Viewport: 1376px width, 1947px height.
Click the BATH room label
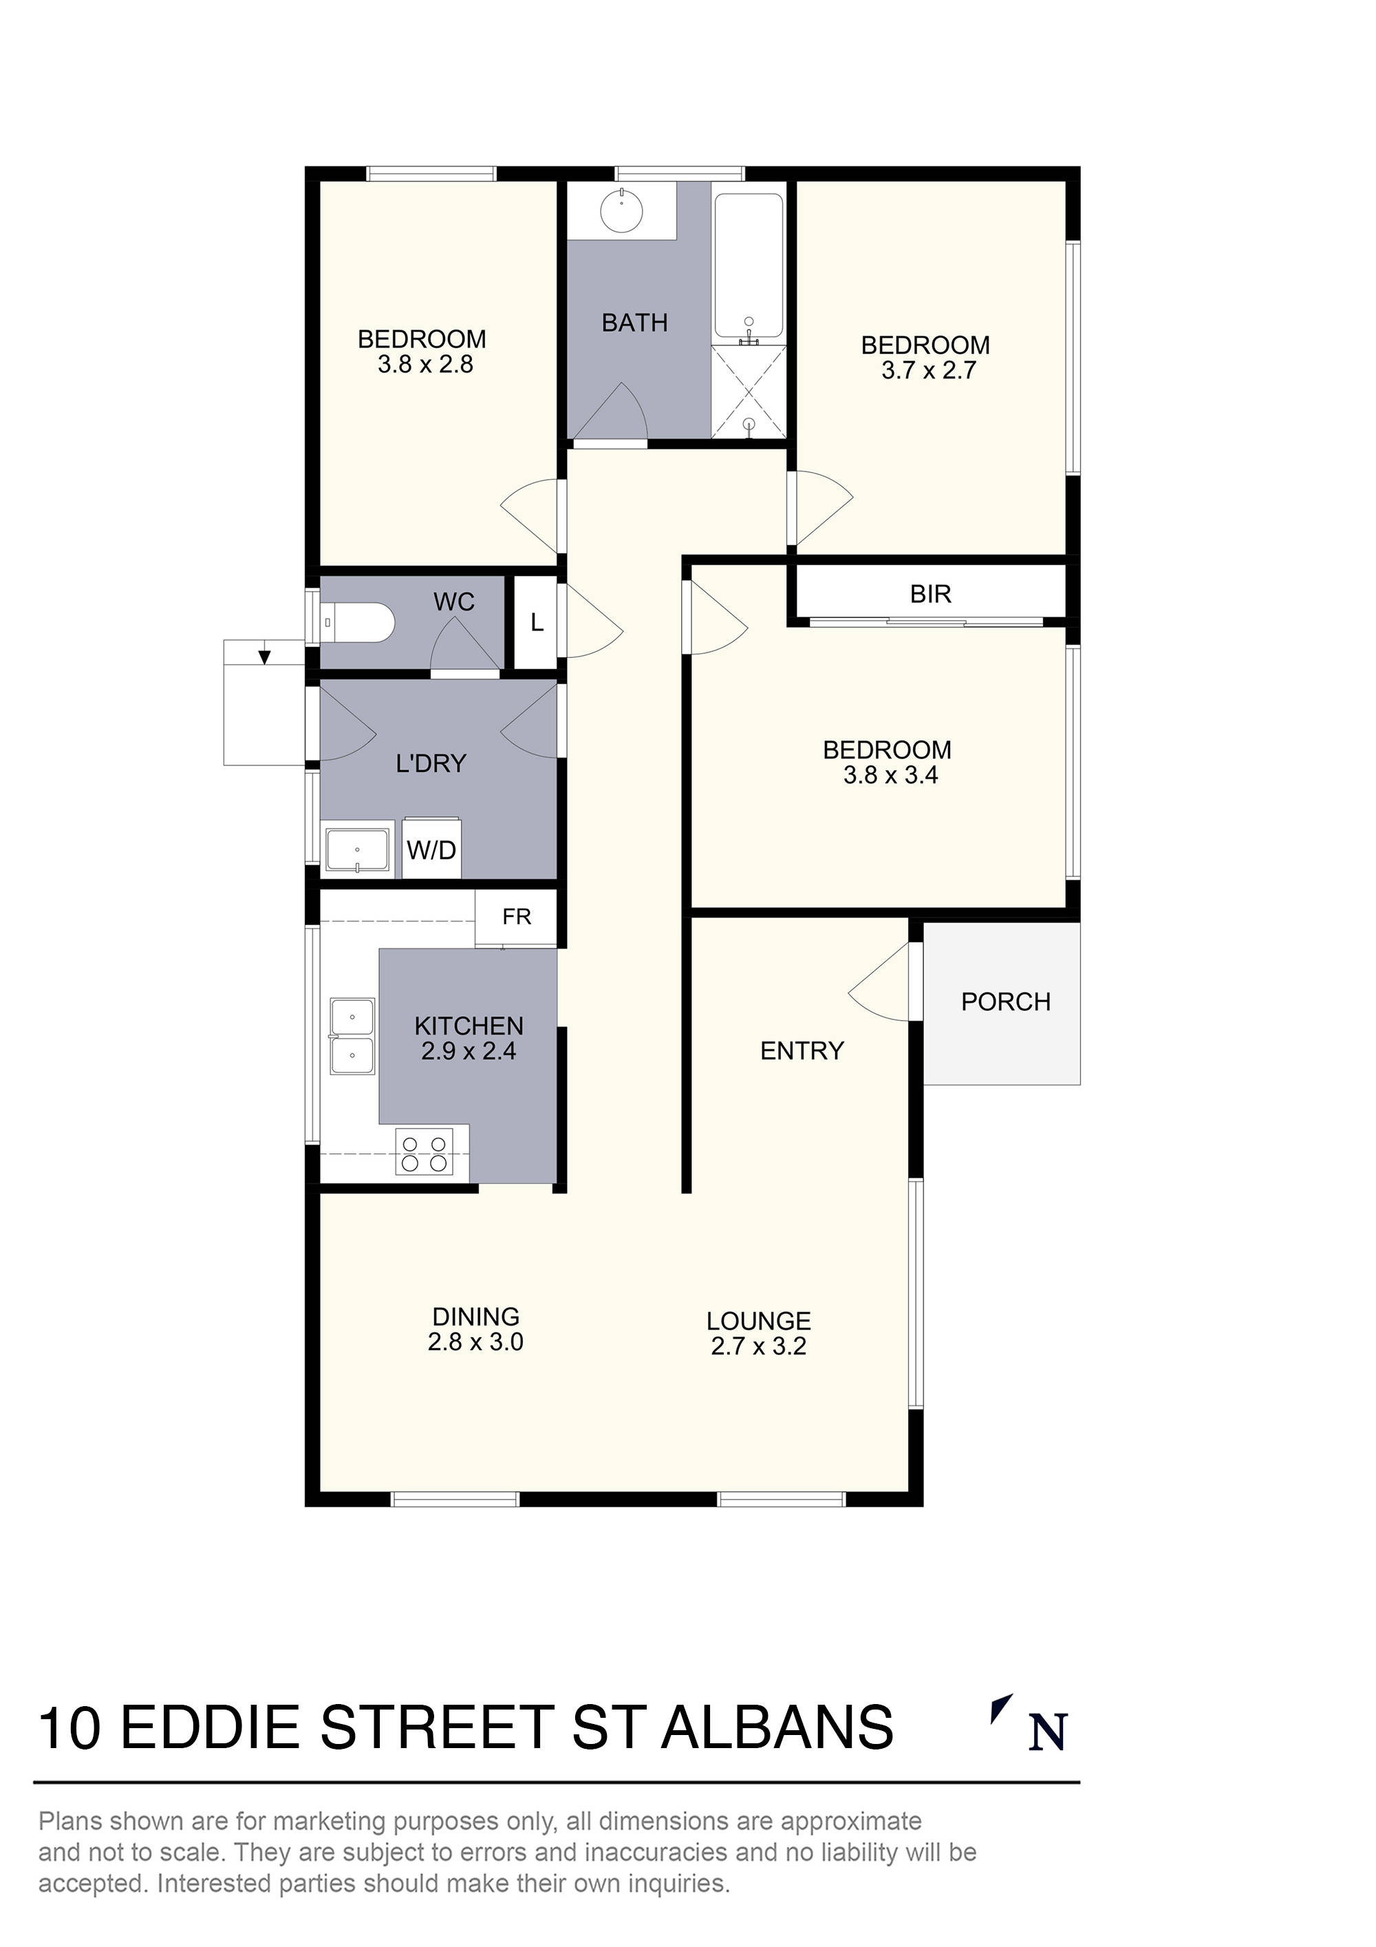click(x=634, y=322)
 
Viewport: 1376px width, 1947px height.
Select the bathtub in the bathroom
click(x=748, y=266)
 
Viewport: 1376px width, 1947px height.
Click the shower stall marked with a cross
click(x=748, y=392)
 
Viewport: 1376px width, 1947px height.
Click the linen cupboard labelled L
click(x=536, y=624)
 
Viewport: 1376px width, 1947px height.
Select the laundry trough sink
click(x=358, y=849)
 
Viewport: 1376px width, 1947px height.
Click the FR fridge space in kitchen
click(x=516, y=917)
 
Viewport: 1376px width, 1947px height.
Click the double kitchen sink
click(x=352, y=1036)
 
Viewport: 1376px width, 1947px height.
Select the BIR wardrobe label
click(x=930, y=595)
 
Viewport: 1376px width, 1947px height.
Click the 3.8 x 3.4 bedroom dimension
click(x=890, y=775)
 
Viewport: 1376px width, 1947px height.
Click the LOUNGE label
click(x=758, y=1321)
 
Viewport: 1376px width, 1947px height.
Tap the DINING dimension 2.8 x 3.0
click(x=475, y=1342)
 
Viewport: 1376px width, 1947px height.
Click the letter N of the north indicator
click(x=1047, y=1732)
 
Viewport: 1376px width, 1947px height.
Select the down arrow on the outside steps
click(x=264, y=655)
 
